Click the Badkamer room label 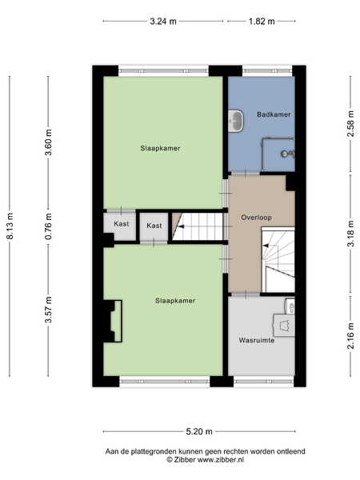tap(274, 114)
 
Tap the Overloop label tap(256, 218)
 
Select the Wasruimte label tap(257, 340)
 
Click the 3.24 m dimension tap(163, 22)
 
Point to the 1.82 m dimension tap(262, 22)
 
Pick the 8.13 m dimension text tap(10, 226)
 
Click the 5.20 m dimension tap(199, 432)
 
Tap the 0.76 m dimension tap(48, 226)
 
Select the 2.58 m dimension tap(351, 124)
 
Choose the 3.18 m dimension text tap(351, 234)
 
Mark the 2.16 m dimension tap(351, 335)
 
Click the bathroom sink tap(236, 121)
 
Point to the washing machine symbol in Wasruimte tap(284, 325)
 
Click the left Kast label tap(122, 224)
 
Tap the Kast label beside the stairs tap(154, 226)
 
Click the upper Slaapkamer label tap(160, 148)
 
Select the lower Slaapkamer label tap(175, 301)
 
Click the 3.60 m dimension tap(48, 142)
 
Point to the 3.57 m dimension tap(48, 310)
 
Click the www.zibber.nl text tap(221, 459)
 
